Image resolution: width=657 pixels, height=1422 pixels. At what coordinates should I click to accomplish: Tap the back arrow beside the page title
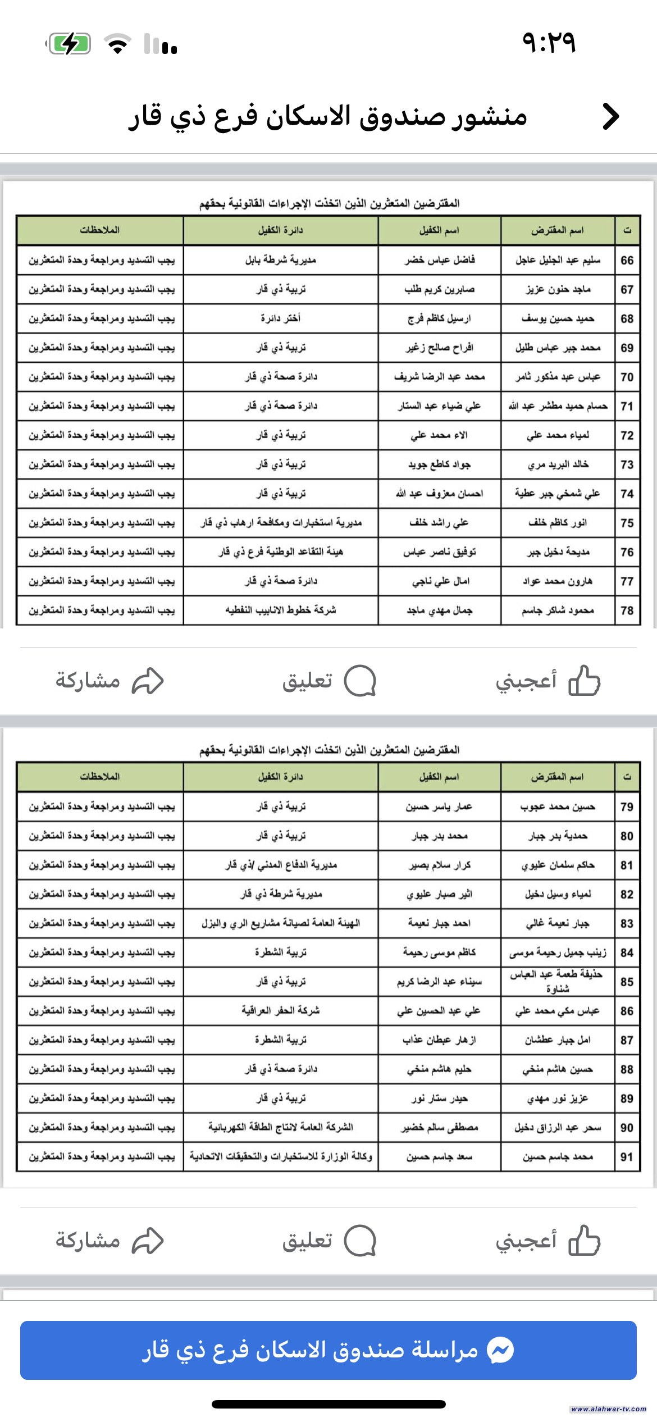(x=610, y=117)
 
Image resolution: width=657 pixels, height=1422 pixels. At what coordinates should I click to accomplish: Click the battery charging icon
(x=69, y=43)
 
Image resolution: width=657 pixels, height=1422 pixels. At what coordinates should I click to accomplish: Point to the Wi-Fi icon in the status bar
(x=117, y=43)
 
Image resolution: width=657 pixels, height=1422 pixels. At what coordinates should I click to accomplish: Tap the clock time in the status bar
(x=549, y=42)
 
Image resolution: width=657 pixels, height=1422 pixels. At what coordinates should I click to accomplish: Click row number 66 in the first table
(x=627, y=261)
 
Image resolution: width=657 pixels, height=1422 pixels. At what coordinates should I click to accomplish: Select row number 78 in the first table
(x=627, y=610)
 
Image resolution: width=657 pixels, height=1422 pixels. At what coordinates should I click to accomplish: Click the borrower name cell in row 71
(x=558, y=406)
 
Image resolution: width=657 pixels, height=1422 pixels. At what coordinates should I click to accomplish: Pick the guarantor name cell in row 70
(x=439, y=377)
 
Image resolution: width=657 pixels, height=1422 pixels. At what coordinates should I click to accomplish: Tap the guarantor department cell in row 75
(x=281, y=523)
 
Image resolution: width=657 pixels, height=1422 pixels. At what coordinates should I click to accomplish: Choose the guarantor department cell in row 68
(x=281, y=318)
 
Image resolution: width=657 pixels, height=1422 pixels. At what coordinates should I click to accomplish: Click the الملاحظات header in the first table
(x=100, y=230)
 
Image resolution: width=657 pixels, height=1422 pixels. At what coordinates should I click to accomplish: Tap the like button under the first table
(x=547, y=681)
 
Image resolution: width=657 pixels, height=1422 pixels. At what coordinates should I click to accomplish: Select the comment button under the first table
(x=328, y=681)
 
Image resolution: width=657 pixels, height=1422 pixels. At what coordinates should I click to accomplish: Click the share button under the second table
(x=109, y=1240)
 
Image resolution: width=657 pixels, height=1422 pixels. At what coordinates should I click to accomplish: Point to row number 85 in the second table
(x=627, y=982)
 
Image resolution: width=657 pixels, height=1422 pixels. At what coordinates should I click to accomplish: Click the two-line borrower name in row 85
(x=557, y=982)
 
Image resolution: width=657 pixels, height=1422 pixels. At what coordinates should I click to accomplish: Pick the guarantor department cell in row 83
(x=281, y=923)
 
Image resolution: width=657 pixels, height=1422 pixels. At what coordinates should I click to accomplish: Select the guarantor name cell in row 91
(x=439, y=1157)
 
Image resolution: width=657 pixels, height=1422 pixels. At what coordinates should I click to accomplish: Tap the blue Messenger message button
(x=328, y=1350)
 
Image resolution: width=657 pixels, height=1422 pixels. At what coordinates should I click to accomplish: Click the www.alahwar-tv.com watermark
(x=608, y=1409)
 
